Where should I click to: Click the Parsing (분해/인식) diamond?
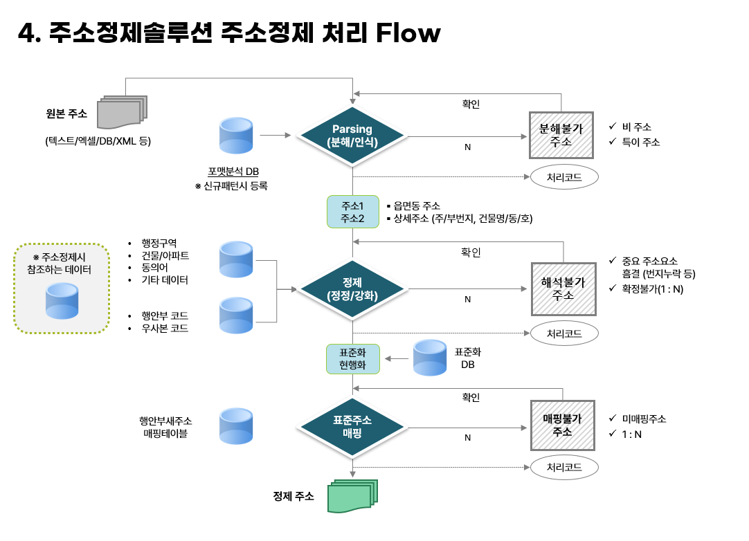pyautogui.click(x=352, y=136)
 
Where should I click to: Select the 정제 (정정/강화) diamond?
pyautogui.click(x=352, y=288)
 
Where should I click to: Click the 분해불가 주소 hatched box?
pyautogui.click(x=561, y=135)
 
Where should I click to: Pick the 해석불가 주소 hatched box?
pyautogui.click(x=563, y=288)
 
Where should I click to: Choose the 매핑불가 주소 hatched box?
pyautogui.click(x=562, y=425)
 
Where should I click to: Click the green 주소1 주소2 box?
pyautogui.click(x=352, y=212)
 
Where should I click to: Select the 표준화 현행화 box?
pyautogui.click(x=352, y=359)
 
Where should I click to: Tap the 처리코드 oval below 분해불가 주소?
pyautogui.click(x=563, y=177)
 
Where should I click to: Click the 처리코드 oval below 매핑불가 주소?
pyautogui.click(x=563, y=467)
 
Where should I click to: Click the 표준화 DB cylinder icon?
pyautogui.click(x=430, y=358)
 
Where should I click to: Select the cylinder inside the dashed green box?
pyautogui.click(x=62, y=300)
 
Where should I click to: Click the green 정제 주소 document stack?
pyautogui.click(x=354, y=496)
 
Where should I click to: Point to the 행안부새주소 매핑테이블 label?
pyautogui.click(x=165, y=427)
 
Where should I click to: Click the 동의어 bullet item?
pyautogui.click(x=155, y=268)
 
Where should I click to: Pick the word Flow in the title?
pyautogui.click(x=408, y=33)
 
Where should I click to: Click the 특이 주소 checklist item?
pyautogui.click(x=640, y=142)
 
